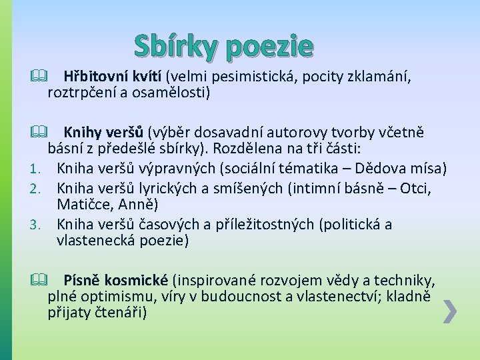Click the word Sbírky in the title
177,45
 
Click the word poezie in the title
269,47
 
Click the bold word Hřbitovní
93,77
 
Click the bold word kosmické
138,280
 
